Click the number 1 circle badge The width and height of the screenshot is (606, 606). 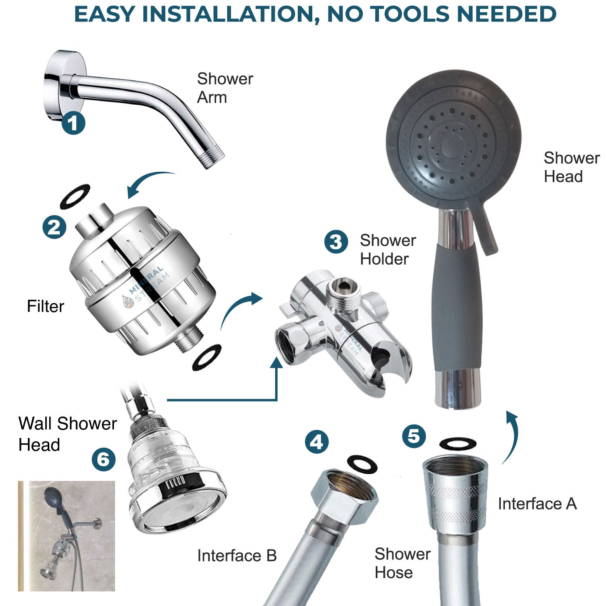coord(73,123)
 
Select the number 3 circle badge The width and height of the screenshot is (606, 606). coord(336,242)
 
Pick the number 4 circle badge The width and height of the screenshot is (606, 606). coord(316,442)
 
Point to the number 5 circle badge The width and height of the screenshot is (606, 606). coord(414,436)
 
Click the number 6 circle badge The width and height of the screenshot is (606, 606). coord(103,459)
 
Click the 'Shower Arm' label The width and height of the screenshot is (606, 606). coord(225,88)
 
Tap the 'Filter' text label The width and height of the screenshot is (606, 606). coord(45,306)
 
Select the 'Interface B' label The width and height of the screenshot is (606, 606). coord(237,556)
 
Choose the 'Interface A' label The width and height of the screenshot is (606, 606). coord(537,504)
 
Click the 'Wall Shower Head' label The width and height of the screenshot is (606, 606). coord(67,434)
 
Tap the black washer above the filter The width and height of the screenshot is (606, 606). coord(75,196)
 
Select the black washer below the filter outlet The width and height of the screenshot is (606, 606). coord(207,356)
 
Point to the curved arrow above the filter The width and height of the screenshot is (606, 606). coord(150,182)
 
